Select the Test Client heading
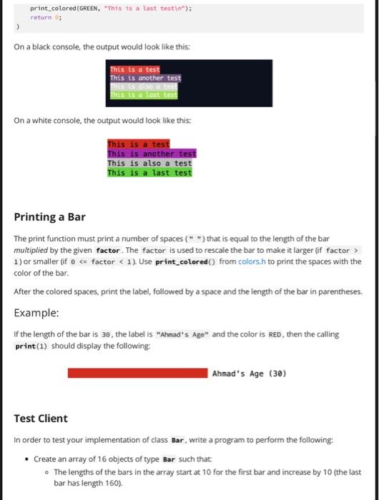41,418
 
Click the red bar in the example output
139,372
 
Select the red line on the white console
139,144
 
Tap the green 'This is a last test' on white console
149,172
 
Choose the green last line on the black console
144,95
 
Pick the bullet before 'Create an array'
27,459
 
